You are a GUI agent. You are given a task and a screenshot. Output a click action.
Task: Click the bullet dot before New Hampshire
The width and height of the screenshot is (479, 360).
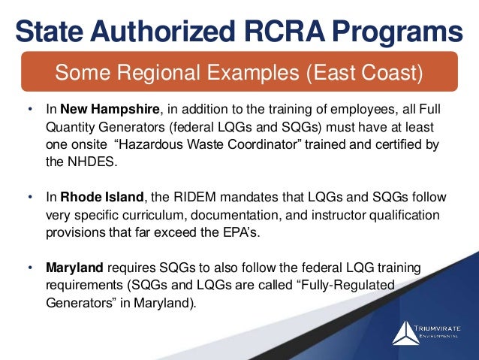(31, 110)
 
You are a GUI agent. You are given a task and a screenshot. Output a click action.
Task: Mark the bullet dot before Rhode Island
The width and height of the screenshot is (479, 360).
(31, 198)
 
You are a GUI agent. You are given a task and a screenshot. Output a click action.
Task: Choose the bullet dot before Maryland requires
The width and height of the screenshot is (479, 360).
(31, 267)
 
